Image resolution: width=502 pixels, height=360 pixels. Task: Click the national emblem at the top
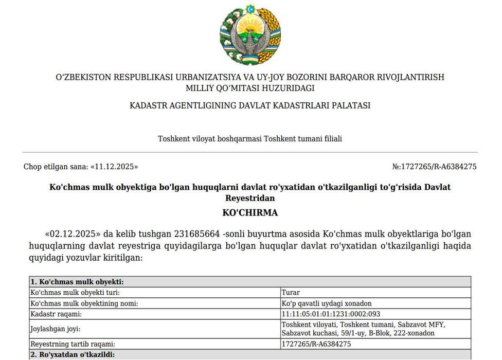click(x=250, y=35)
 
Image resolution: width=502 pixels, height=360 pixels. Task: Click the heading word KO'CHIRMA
click(x=250, y=212)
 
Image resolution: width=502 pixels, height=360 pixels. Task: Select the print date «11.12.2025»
click(x=114, y=167)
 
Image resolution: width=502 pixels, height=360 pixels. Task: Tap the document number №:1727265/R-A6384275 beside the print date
click(x=435, y=167)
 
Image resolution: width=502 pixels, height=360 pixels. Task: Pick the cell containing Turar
click(x=291, y=293)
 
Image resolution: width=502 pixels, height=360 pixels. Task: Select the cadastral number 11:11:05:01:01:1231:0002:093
click(x=331, y=314)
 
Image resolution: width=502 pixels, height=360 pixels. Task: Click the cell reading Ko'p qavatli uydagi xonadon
click(x=327, y=303)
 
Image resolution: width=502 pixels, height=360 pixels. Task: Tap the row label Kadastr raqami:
click(x=57, y=314)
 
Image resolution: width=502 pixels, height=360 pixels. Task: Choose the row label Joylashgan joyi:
click(x=56, y=329)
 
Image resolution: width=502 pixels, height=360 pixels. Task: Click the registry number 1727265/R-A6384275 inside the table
click(x=316, y=344)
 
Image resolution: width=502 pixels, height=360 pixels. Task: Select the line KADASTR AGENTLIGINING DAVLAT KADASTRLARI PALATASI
click(x=250, y=105)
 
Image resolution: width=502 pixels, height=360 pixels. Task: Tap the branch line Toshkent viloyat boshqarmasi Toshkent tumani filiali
click(x=250, y=139)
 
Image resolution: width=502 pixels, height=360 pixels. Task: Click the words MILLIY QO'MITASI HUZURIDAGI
click(x=250, y=88)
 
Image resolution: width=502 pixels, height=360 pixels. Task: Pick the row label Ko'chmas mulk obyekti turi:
click(x=75, y=293)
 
